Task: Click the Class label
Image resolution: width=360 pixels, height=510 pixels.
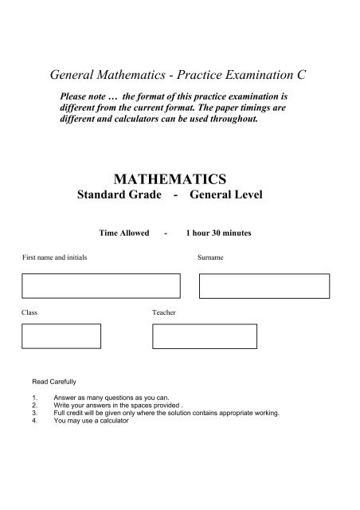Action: pos(29,313)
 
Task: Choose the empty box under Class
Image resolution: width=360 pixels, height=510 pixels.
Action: pos(61,335)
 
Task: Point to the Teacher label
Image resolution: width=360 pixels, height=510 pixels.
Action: pos(163,313)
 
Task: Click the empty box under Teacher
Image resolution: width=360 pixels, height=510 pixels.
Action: pos(205,335)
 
